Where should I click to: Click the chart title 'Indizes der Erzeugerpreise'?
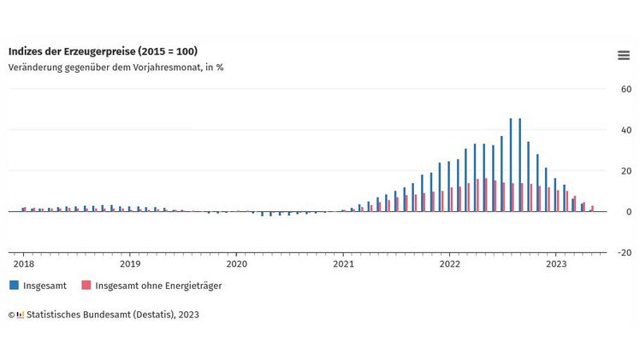pos(103,52)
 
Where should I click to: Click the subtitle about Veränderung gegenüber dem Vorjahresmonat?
pos(116,68)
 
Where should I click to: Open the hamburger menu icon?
pos(624,56)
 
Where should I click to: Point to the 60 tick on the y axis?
pos(625,89)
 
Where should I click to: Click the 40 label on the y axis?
pos(625,130)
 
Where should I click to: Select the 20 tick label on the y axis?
pos(625,171)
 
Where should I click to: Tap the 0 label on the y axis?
pos(628,212)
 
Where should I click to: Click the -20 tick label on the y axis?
pos(625,253)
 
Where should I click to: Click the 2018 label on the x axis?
pos(23,264)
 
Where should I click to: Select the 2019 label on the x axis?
pos(130,264)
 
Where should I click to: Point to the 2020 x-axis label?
pos(236,264)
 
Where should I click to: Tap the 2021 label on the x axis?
pos(343,264)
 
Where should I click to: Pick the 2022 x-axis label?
pos(450,264)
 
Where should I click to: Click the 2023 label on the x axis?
pos(556,264)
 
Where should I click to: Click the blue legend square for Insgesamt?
pos(14,286)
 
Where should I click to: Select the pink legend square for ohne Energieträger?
pos(86,286)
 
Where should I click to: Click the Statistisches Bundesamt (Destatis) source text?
pos(112,315)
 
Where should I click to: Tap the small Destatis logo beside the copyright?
pos(21,315)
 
